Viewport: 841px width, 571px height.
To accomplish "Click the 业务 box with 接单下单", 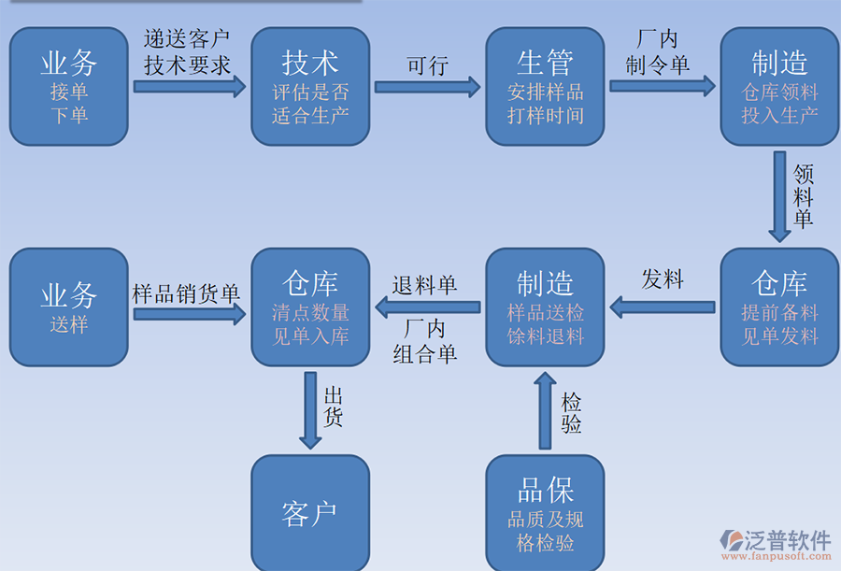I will [68, 86].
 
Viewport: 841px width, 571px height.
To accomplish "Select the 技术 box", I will [310, 86].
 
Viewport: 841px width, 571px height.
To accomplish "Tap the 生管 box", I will [546, 86].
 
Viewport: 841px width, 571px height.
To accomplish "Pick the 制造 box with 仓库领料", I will [779, 86].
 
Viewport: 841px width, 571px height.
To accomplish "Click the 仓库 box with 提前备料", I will [779, 307].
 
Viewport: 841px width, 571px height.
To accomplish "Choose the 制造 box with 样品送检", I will [546, 307].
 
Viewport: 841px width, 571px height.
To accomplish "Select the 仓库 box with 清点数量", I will [310, 307].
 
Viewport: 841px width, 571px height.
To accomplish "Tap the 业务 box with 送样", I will [68, 307].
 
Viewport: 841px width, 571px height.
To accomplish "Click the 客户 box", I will [310, 511].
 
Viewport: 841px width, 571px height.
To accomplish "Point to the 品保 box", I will [546, 511].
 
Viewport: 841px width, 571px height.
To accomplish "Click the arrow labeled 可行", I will [427, 87].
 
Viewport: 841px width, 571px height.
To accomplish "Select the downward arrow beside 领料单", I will [779, 195].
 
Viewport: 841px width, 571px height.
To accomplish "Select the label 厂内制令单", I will [658, 52].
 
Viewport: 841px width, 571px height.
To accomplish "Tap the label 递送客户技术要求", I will [187, 52].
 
